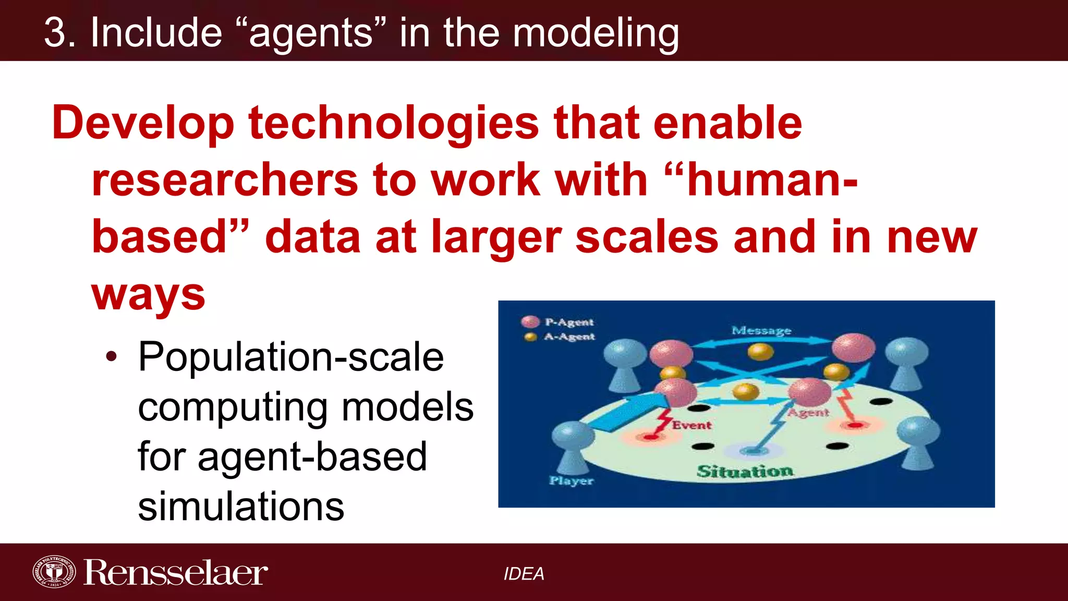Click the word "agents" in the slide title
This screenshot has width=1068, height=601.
311,33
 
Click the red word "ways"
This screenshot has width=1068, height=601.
149,294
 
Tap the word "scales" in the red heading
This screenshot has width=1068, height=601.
647,237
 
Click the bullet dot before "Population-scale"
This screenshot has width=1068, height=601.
111,357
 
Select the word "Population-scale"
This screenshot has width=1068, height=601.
291,357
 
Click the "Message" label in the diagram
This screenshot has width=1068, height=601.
761,330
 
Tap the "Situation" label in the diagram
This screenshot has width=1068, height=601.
745,471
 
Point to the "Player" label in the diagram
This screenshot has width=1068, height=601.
572,480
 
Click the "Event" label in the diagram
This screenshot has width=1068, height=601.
691,425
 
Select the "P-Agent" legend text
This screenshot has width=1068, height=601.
569,322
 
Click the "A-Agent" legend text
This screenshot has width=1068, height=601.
569,336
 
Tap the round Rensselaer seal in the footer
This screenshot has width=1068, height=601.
54,572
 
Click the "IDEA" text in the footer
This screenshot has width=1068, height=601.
524,574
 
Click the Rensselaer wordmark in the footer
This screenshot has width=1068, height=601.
176,573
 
